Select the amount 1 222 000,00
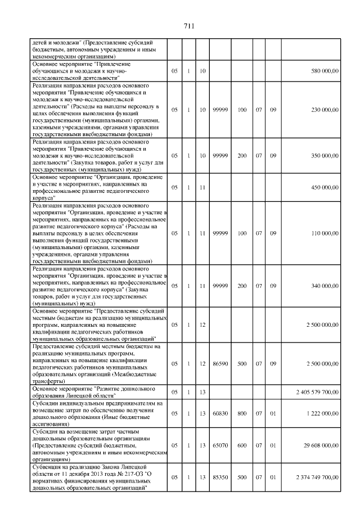click(x=321, y=413)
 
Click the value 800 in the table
click(x=242, y=413)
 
